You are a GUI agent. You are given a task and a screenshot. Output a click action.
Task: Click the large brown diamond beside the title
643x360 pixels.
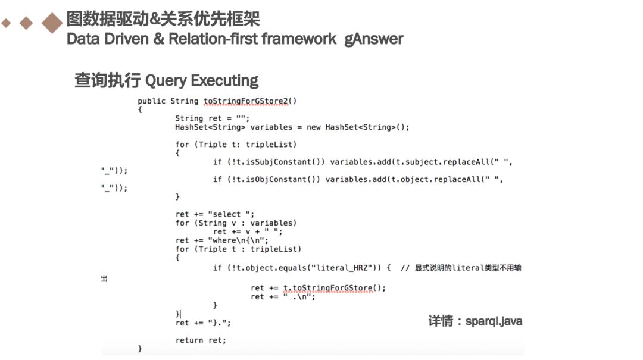[x=52, y=23]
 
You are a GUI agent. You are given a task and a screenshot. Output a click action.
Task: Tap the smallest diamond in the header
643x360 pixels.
[x=6, y=23]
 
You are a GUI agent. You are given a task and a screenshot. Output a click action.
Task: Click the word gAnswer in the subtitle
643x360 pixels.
[x=373, y=39]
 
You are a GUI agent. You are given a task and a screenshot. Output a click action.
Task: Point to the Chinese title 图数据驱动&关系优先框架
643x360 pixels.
[x=163, y=19]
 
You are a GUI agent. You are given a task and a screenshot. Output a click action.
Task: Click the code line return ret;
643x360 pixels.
[x=201, y=340]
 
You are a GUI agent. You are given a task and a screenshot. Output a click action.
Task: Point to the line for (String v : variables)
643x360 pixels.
[x=236, y=223]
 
